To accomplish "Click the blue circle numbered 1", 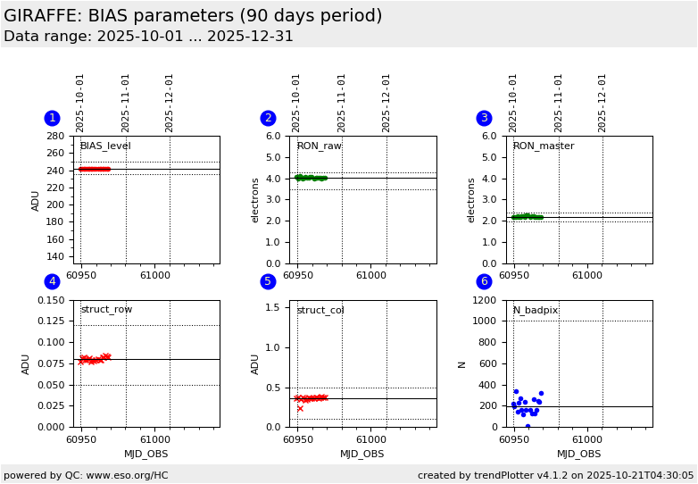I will coord(52,118).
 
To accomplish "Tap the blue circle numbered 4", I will coord(52,282).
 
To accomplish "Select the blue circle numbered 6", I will coord(484,282).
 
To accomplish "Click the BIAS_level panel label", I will coord(105,146).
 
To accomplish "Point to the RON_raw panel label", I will coord(320,146).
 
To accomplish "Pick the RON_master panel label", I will coord(544,146).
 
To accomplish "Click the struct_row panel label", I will coord(106,310).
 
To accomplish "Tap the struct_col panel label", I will coord(320,311).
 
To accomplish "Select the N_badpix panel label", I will coord(536,311).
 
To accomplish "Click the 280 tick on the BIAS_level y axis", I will coord(55,137).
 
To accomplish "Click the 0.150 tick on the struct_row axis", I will coord(52,301).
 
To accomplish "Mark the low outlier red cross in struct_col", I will coord(300,408).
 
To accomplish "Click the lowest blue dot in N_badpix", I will coord(528,426).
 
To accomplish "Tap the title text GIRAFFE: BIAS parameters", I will coord(193,16).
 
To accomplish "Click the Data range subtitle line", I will coord(148,37).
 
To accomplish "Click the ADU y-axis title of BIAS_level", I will coord(37,200).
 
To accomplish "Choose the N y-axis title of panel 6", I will coord(462,364).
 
